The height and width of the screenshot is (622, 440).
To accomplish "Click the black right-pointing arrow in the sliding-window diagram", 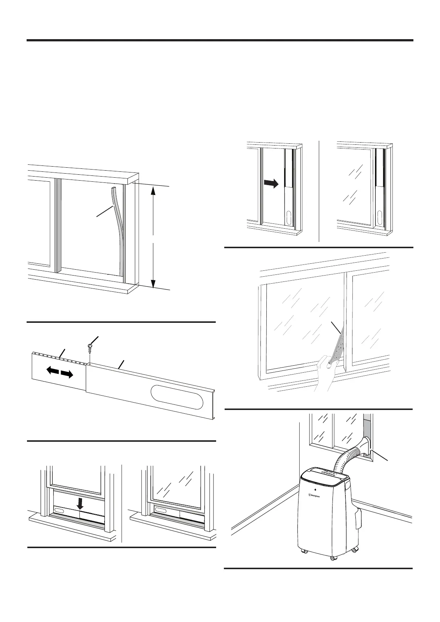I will [x=271, y=184].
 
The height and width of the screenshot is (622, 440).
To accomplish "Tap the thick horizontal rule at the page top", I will [x=220, y=40].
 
